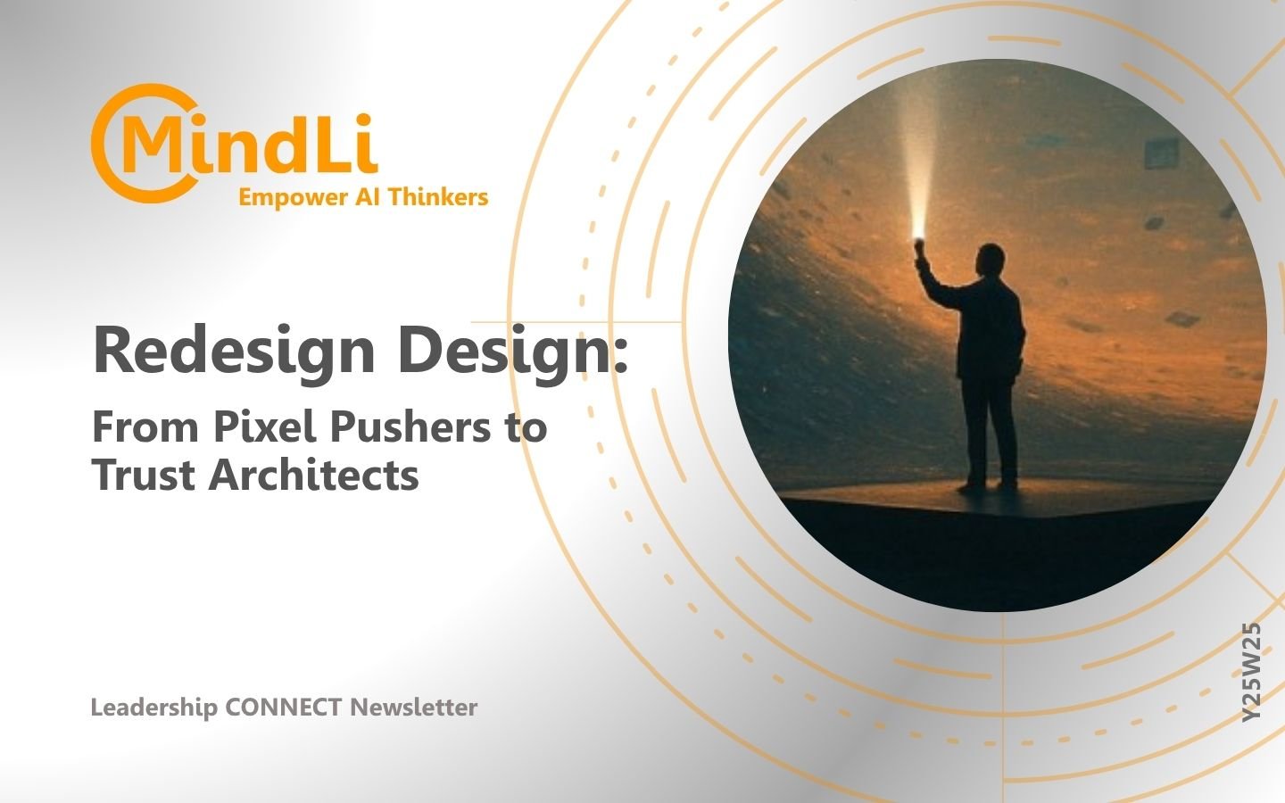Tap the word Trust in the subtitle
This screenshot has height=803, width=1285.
[x=144, y=475]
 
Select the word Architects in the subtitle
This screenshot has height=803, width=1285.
[x=314, y=475]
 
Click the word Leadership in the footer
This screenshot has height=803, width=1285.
[x=153, y=708]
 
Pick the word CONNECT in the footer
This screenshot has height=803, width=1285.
[x=284, y=708]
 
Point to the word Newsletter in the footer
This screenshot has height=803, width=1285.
[x=414, y=708]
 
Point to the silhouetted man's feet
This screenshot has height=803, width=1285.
[x=987, y=486]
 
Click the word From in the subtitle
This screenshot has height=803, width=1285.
[x=145, y=428]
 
